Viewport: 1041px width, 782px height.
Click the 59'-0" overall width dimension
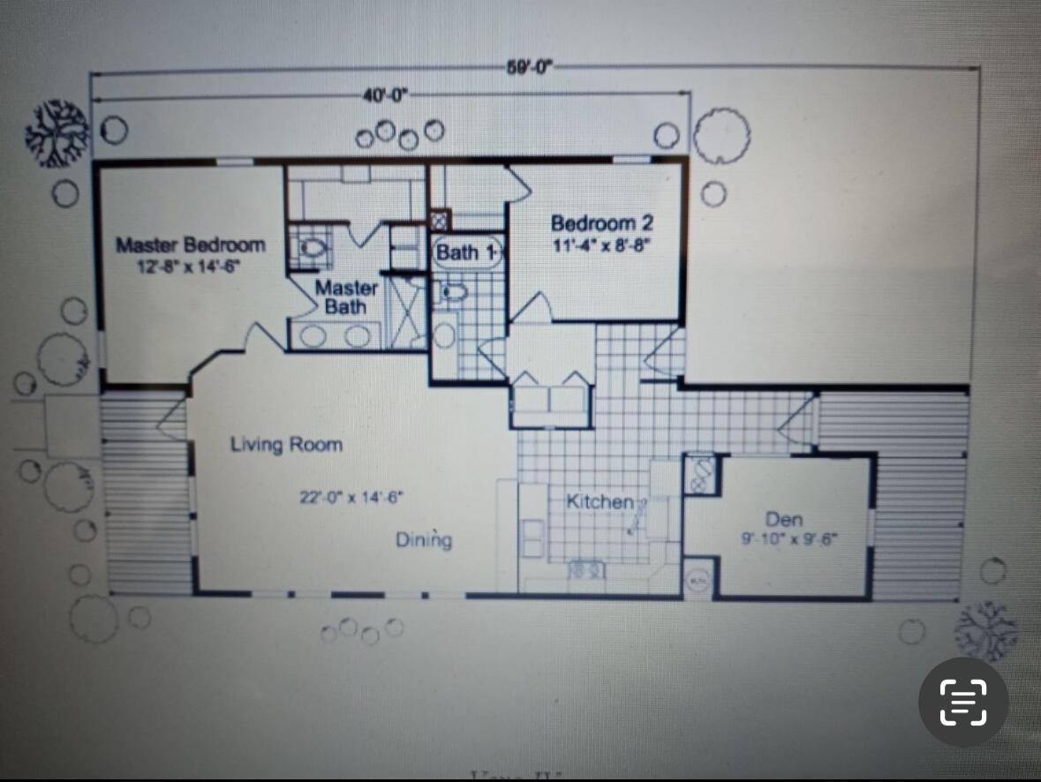(529, 68)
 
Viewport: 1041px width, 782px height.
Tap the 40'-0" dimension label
(385, 95)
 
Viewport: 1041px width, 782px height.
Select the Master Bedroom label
(191, 244)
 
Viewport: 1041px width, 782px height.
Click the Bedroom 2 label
(602, 224)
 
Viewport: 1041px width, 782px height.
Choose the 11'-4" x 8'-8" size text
(601, 245)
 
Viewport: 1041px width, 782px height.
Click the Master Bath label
(346, 297)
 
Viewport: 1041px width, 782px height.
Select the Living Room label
(286, 444)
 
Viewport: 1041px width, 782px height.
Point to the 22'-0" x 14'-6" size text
(351, 497)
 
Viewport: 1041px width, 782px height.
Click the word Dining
(424, 539)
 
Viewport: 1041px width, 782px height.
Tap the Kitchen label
(600, 501)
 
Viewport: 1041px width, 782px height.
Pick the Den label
(784, 519)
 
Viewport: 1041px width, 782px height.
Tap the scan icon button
(963, 702)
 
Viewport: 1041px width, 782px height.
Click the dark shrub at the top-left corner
(58, 132)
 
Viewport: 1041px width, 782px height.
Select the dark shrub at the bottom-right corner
(986, 629)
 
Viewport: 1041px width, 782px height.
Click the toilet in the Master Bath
(310, 246)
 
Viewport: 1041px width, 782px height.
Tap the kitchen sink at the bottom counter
(587, 570)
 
